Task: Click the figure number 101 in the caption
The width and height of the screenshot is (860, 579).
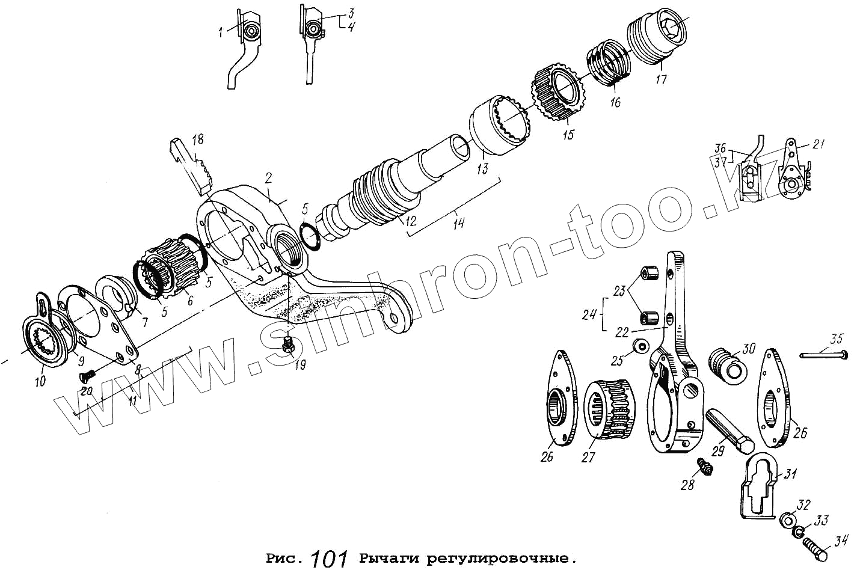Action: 329,559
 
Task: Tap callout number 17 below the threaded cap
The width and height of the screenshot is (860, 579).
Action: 660,79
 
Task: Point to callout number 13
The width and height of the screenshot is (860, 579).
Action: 482,168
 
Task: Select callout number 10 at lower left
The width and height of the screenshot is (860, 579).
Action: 40,381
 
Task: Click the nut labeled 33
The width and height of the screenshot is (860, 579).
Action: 799,532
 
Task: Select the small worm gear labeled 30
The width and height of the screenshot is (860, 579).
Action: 726,366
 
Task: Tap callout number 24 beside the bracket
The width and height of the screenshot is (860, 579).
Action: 589,315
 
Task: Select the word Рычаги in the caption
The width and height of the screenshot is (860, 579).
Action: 389,559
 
